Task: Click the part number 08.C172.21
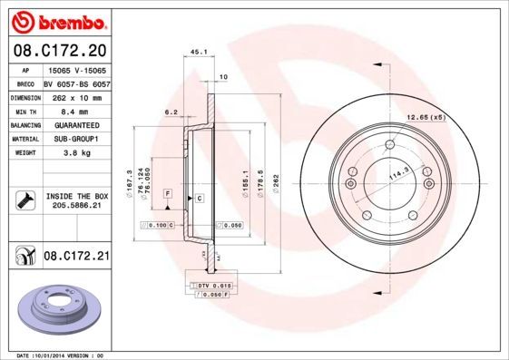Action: click(76, 258)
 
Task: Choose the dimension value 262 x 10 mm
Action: click(76, 97)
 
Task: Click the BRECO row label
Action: click(25, 83)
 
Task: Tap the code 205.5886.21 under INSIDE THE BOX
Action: click(76, 207)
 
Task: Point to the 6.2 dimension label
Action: click(170, 112)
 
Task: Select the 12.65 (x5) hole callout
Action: click(426, 117)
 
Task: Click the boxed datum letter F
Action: click(168, 194)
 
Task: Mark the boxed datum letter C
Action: click(199, 197)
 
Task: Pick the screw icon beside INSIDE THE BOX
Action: click(25, 200)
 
